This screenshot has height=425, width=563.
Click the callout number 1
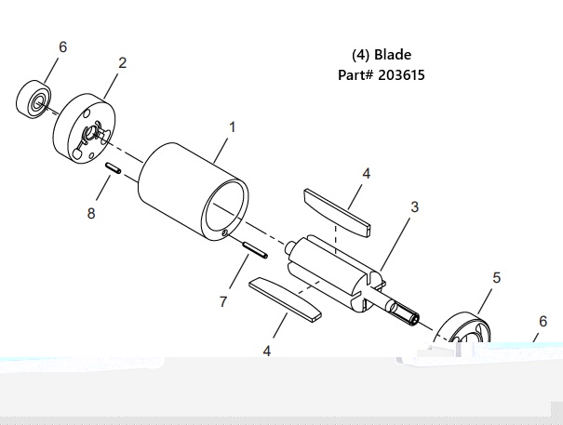(x=233, y=127)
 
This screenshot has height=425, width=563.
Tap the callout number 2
(x=123, y=63)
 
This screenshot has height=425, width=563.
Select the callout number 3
(x=414, y=207)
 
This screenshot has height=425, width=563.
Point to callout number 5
(x=496, y=277)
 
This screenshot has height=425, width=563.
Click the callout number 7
(x=223, y=301)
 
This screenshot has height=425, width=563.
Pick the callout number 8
(x=91, y=213)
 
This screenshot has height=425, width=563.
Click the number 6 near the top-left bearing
(x=63, y=46)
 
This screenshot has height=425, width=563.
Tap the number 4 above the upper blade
(x=366, y=173)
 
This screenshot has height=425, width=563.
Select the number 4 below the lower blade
(x=267, y=351)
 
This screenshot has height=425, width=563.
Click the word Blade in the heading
(x=393, y=55)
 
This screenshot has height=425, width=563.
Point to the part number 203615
(x=401, y=75)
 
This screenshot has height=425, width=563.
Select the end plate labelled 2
(x=85, y=129)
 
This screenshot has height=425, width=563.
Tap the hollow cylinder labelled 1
(x=194, y=192)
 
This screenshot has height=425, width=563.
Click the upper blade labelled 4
(x=337, y=212)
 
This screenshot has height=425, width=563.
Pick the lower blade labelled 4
(x=285, y=298)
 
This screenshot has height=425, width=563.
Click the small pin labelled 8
(x=113, y=168)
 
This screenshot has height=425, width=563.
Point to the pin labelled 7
(x=255, y=250)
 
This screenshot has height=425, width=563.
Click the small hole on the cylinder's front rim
(x=225, y=233)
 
